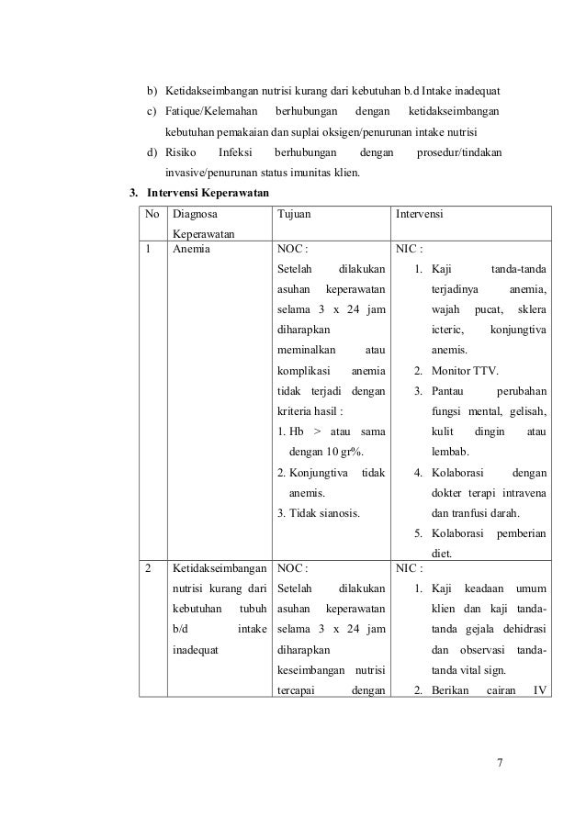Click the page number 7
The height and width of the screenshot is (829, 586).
[x=501, y=761]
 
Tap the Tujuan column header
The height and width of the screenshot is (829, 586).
[x=294, y=214]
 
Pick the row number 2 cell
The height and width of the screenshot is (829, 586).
[x=150, y=567]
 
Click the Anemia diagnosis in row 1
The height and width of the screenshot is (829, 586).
[x=190, y=248]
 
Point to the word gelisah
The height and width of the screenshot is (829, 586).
[x=526, y=410]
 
